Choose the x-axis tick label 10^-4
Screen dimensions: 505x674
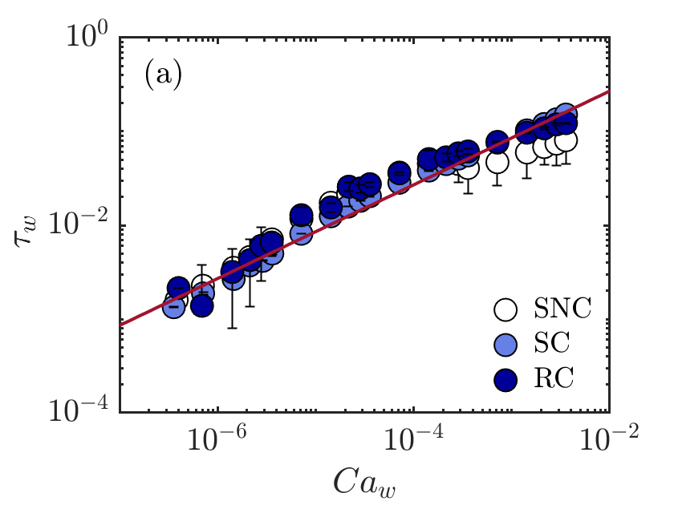(x=412, y=438)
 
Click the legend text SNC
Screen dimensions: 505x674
(x=562, y=309)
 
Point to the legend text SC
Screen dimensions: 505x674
(x=551, y=343)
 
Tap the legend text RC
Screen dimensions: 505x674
(x=552, y=378)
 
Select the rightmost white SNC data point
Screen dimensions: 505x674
(x=566, y=141)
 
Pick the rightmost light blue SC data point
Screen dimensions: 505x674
(x=566, y=114)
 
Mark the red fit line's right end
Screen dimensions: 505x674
(x=609, y=91)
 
